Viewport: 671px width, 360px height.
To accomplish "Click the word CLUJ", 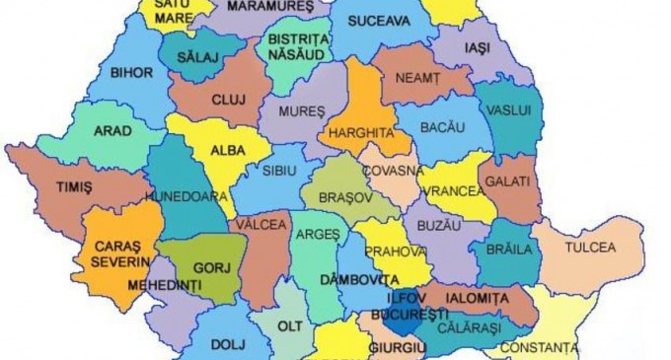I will point(228,100).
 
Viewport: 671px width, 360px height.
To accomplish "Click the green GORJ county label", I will point(203,267).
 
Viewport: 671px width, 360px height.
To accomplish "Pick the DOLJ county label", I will point(225,344).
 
